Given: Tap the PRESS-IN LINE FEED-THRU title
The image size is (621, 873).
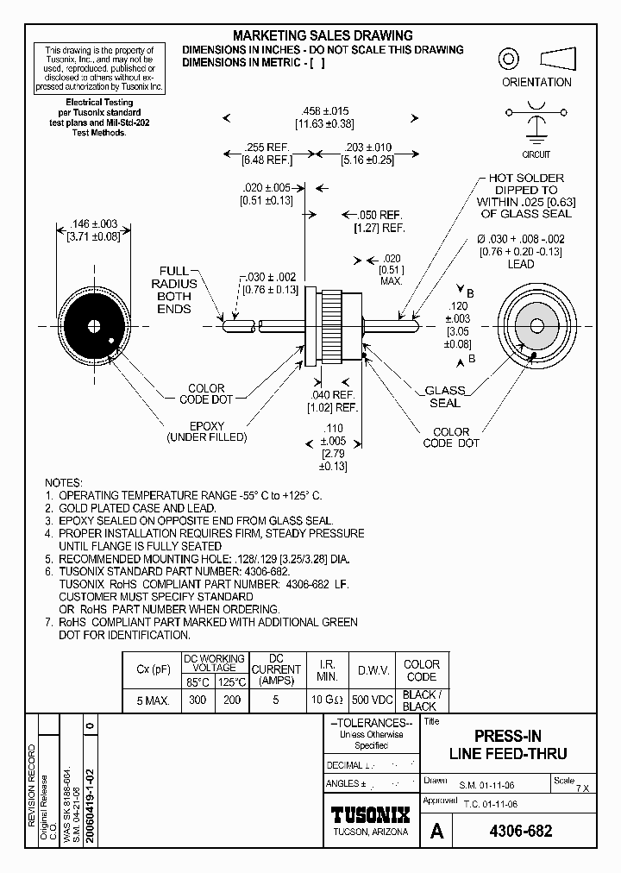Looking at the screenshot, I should tap(508, 745).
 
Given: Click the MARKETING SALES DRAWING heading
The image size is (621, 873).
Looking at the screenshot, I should tap(323, 35).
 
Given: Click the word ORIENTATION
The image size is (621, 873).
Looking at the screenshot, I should tap(536, 83).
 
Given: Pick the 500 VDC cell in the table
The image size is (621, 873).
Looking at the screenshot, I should tap(373, 700).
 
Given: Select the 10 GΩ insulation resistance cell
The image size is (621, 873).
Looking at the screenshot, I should tap(328, 700).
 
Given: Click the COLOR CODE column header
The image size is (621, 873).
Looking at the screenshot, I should tap(421, 670).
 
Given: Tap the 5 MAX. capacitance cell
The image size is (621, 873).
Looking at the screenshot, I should tap(153, 700).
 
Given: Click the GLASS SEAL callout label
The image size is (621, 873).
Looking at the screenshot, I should tap(445, 396).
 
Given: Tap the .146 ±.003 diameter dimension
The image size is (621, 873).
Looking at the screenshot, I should tap(92, 230).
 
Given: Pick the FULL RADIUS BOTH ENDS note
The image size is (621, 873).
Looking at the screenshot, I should tap(174, 290).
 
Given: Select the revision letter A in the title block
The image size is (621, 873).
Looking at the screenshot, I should tap(437, 832).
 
